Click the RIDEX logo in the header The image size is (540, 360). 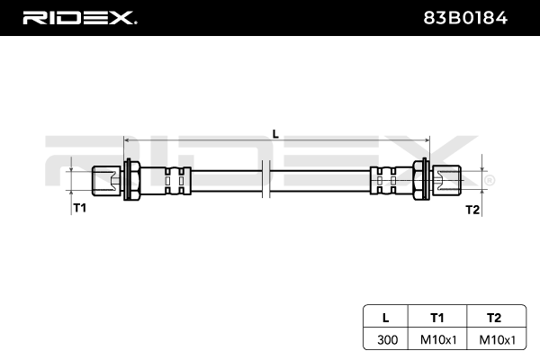78,17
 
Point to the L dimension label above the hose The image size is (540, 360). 275,133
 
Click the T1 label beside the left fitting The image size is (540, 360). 79,208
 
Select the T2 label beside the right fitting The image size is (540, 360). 472,209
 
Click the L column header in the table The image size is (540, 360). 386,317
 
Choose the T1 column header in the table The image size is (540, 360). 437,317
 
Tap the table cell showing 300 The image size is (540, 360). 386,340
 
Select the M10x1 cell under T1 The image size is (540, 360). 437,340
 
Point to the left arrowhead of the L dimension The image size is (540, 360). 128,141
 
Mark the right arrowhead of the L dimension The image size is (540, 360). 427,141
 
